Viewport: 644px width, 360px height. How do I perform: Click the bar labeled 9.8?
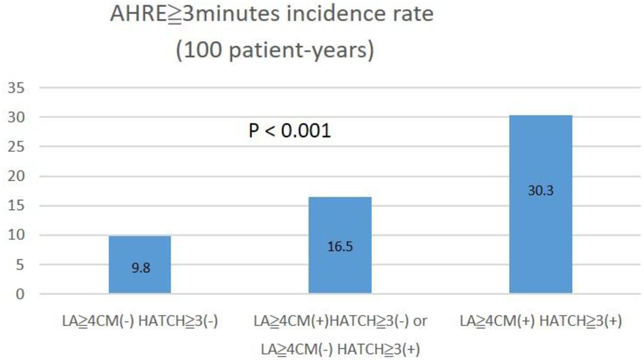pos(140,255)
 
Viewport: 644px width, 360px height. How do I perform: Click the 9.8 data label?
pos(141,268)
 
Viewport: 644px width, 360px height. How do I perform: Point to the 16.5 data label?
pos(340,247)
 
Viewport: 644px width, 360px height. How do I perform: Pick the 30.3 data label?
pos(540,191)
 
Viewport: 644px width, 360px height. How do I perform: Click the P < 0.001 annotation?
pos(290,131)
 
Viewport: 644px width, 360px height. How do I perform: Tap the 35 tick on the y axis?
pos(16,88)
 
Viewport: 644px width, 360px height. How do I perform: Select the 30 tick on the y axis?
pos(16,117)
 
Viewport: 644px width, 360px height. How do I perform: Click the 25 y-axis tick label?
pos(16,147)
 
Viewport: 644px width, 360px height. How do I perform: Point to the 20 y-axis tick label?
pos(16,176)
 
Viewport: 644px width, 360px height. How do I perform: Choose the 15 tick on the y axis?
pos(16,205)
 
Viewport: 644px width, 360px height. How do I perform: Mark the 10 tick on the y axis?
pos(16,235)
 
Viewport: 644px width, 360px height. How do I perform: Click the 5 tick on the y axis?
pos(20,265)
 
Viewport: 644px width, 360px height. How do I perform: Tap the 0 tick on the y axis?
pos(20,294)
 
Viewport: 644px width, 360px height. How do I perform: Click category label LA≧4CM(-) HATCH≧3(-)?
pos(140,321)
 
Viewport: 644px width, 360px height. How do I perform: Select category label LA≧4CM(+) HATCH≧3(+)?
pos(541,321)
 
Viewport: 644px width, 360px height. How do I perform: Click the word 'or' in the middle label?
pos(420,321)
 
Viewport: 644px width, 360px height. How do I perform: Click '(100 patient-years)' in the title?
pos(275,49)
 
